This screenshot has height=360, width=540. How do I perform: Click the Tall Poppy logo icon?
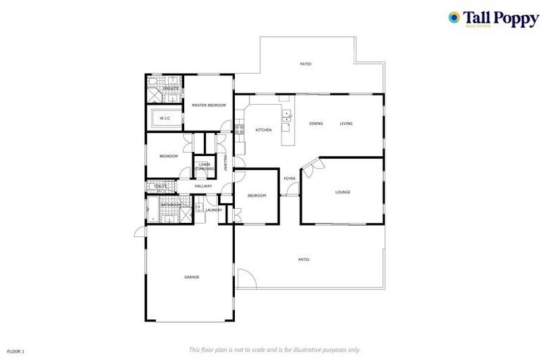click(x=455, y=18)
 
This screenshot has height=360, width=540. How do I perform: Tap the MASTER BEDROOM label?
click(x=209, y=105)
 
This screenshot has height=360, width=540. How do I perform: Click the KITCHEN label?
click(x=263, y=130)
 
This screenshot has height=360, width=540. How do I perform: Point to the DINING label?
click(x=316, y=124)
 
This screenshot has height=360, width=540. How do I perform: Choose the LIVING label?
click(x=346, y=124)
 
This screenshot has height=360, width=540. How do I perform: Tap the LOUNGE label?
click(x=342, y=192)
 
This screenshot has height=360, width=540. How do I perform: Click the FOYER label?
click(x=289, y=179)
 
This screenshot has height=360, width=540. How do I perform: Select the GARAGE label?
click(x=191, y=277)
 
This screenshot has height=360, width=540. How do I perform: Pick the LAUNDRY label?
click(x=214, y=210)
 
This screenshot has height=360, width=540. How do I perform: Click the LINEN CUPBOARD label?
click(x=205, y=167)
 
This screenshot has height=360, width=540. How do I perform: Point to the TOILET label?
click(x=160, y=186)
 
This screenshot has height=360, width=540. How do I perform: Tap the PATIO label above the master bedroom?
click(x=305, y=64)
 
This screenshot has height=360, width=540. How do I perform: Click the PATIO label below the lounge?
click(x=304, y=259)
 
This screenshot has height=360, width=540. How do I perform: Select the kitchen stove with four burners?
click(x=240, y=129)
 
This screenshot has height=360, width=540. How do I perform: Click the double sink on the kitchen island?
click(x=286, y=117)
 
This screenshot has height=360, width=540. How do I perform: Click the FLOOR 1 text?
click(x=15, y=350)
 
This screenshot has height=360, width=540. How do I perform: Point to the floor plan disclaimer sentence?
click(x=274, y=349)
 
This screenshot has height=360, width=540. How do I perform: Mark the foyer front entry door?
click(x=292, y=191)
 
